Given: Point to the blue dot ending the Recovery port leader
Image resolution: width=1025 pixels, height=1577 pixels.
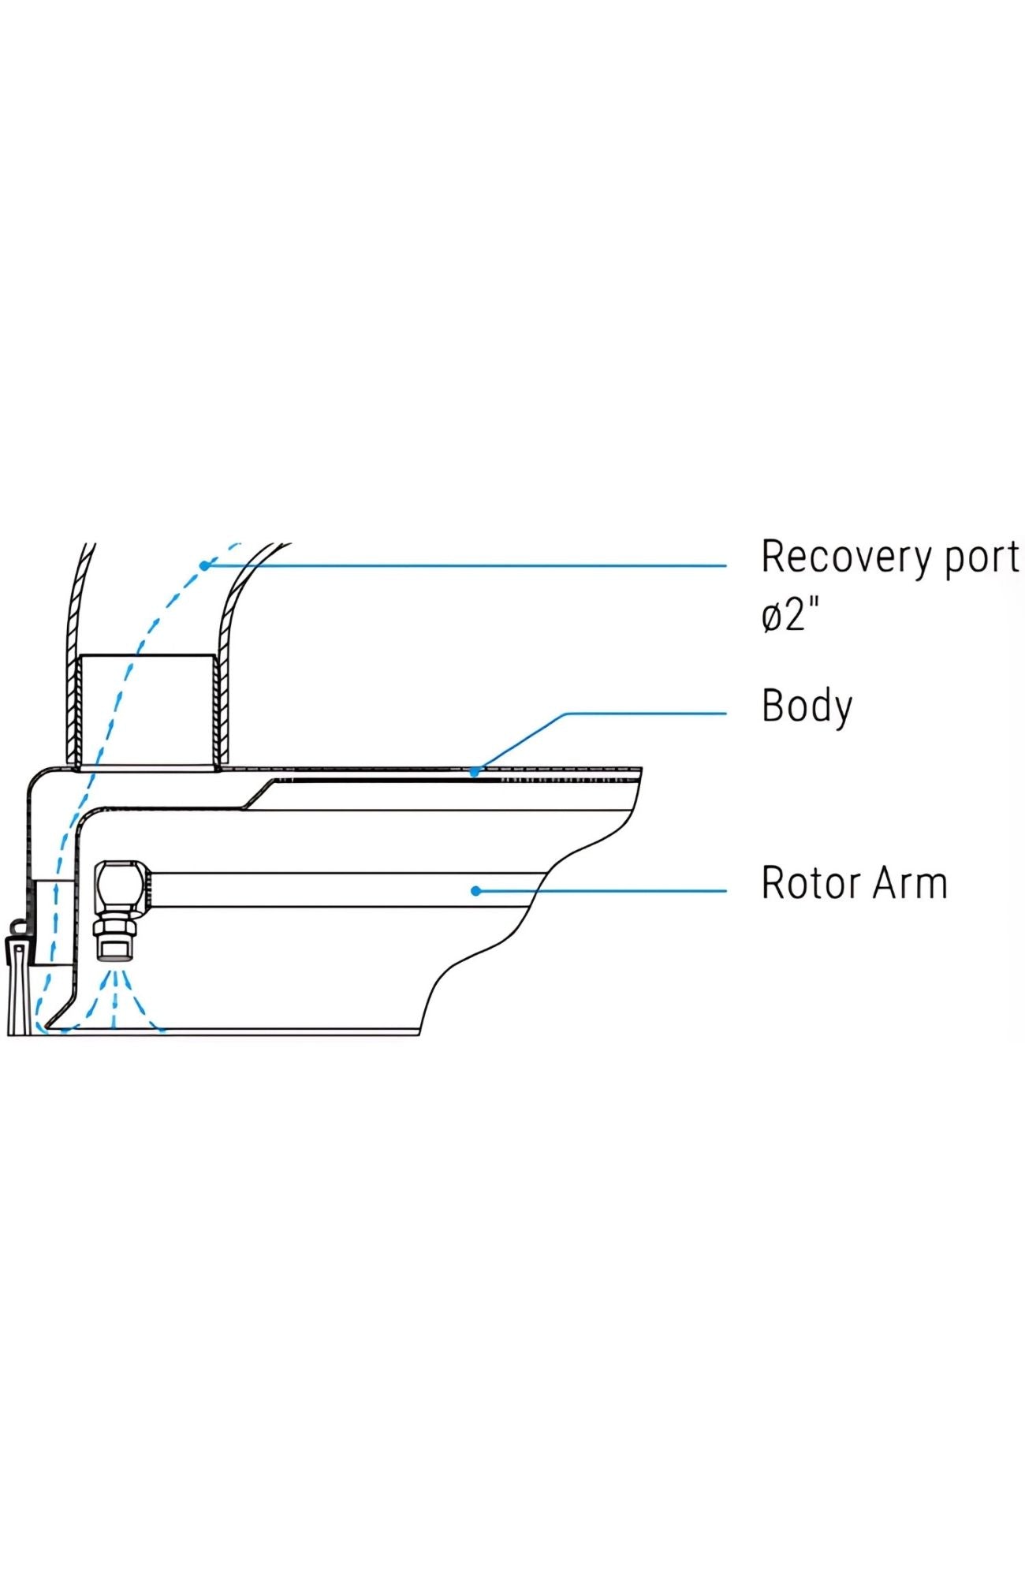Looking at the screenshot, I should tap(204, 565).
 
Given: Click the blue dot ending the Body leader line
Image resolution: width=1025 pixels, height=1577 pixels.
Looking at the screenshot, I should tap(475, 772).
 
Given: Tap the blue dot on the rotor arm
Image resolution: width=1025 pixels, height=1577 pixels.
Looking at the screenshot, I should tap(475, 891).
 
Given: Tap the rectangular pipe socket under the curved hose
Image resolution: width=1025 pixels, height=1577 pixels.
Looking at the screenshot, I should tap(147, 710).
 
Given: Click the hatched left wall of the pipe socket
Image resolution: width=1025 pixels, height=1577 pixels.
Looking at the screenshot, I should tap(73, 710).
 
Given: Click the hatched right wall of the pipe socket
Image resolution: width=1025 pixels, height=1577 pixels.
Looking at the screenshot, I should tap(221, 710).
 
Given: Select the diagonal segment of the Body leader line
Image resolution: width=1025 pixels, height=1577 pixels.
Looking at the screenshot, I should tap(520, 742).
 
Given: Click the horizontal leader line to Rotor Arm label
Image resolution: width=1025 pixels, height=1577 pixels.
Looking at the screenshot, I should tap(615, 891).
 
